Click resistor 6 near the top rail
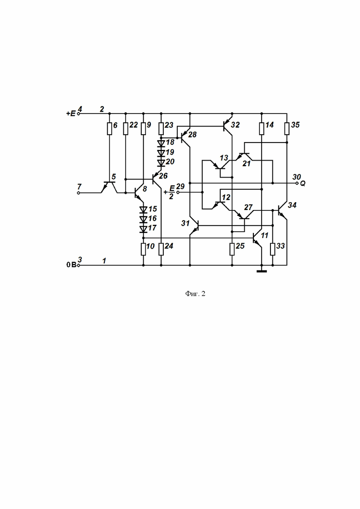point(109,129)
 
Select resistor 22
point(126,129)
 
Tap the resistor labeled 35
point(287,129)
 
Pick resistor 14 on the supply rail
point(262,129)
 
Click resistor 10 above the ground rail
point(143,249)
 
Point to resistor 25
point(232,249)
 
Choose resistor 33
point(273,249)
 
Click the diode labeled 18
point(161,143)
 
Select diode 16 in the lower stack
point(143,219)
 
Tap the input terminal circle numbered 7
point(78,193)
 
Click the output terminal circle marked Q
point(297,183)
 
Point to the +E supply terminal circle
point(78,114)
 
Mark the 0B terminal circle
point(78,265)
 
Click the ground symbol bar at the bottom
point(262,271)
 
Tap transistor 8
point(139,193)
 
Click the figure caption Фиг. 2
point(195,294)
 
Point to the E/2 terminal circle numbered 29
point(178,192)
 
